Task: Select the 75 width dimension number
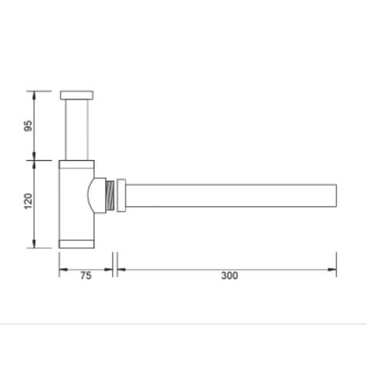[x=86, y=276]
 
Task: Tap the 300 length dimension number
[x=227, y=276]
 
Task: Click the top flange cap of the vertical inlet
[x=77, y=95]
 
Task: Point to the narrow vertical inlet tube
[x=77, y=129]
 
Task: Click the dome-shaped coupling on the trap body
[x=97, y=195]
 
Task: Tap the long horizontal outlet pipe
[x=230, y=195]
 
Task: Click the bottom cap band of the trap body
[x=77, y=243]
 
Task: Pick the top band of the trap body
[x=77, y=163]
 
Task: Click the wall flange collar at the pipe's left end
[x=121, y=195]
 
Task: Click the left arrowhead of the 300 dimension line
[x=119, y=269]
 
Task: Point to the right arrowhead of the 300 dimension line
[x=334, y=269]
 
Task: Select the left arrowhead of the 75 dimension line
[x=61, y=269]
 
